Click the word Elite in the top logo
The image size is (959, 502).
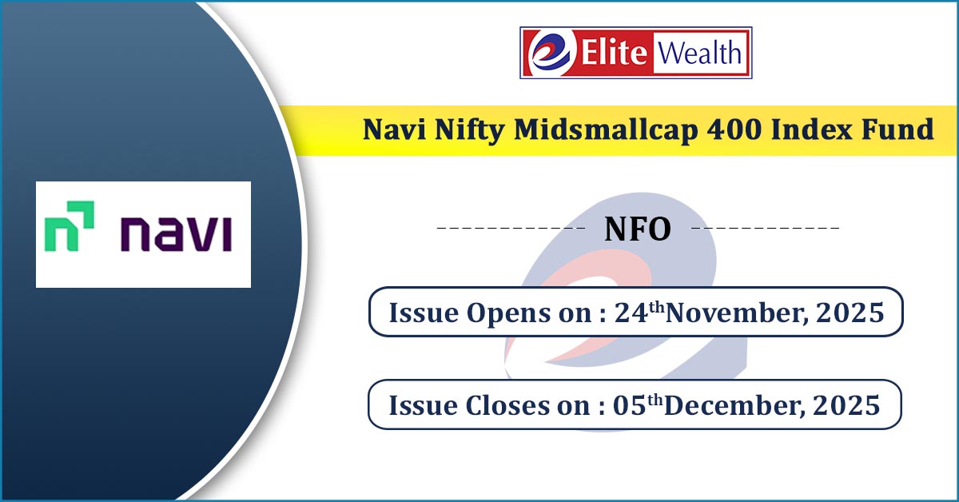[614, 53]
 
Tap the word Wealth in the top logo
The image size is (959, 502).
[699, 54]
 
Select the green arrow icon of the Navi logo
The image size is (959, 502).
[70, 226]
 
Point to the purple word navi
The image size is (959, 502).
[177, 234]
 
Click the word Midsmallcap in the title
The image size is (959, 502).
[607, 129]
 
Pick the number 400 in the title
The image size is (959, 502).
[734, 129]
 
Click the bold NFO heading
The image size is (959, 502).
[638, 229]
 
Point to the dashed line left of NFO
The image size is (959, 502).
[511, 228]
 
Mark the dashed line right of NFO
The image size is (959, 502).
[766, 228]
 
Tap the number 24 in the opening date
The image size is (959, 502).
[631, 313]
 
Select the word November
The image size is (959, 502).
[737, 313]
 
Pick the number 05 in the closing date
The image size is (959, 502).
[630, 404]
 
